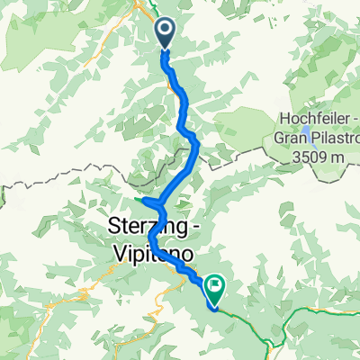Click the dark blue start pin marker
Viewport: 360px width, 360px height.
point(166,34)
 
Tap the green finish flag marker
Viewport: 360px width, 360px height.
point(216,289)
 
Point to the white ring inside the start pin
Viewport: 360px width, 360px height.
point(166,31)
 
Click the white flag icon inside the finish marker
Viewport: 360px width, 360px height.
point(216,286)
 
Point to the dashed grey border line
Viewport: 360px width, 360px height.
point(54,180)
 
